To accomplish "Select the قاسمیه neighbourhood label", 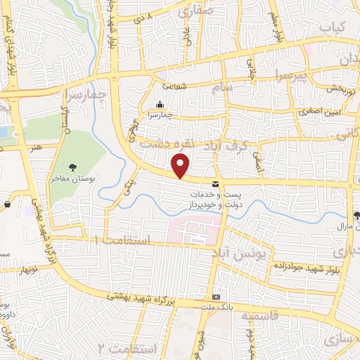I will pos(261,316).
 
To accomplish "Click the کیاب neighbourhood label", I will pos(335,27).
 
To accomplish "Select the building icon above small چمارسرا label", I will pos(160,104).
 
